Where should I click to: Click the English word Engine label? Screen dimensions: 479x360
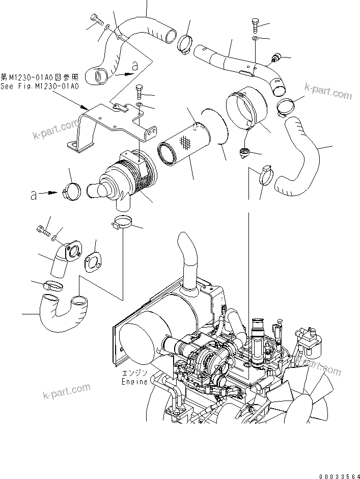[134, 381]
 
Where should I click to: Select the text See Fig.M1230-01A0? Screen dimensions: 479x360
[40, 87]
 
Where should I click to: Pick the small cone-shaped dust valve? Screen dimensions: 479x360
[244, 152]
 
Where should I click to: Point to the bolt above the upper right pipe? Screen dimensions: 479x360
[255, 24]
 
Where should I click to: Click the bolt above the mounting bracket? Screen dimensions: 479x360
[140, 93]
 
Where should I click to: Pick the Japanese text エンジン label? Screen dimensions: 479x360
[134, 373]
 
